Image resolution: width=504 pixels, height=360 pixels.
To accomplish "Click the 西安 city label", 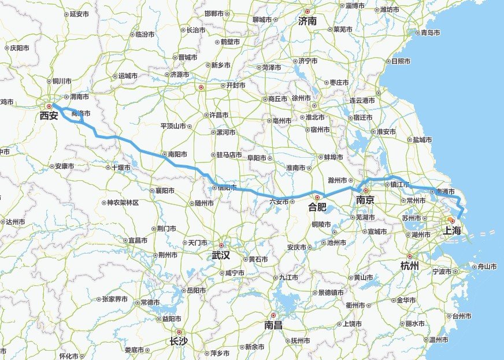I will pyautogui.click(x=49, y=116).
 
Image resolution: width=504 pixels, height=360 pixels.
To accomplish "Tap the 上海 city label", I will pyautogui.click(x=453, y=231).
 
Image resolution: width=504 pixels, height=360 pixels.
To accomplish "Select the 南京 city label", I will pyautogui.click(x=365, y=200).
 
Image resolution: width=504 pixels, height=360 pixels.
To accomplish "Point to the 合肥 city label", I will pyautogui.click(x=317, y=206).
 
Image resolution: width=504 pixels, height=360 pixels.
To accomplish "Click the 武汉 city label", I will pyautogui.click(x=221, y=255).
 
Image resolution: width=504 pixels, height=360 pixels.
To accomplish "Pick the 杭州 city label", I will pyautogui.click(x=410, y=265).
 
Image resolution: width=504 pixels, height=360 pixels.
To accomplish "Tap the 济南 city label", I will pyautogui.click(x=307, y=21).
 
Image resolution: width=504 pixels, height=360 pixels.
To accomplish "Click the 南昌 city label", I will pyautogui.click(x=273, y=325).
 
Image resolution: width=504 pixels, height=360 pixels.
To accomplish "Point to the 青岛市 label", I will pyautogui.click(x=431, y=32).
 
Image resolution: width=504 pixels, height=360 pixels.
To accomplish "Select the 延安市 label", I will pyautogui.click(x=79, y=14).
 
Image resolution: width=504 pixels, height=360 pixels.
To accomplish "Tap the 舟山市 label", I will pyautogui.click(x=484, y=266).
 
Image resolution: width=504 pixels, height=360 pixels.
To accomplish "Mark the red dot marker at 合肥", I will pyautogui.click(x=317, y=198).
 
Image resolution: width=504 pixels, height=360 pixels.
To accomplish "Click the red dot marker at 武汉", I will pyautogui.click(x=221, y=245).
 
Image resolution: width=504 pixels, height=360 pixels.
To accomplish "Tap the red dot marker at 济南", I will pyautogui.click(x=307, y=12).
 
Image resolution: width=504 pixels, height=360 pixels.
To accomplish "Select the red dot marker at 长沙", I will pyautogui.click(x=179, y=332).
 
